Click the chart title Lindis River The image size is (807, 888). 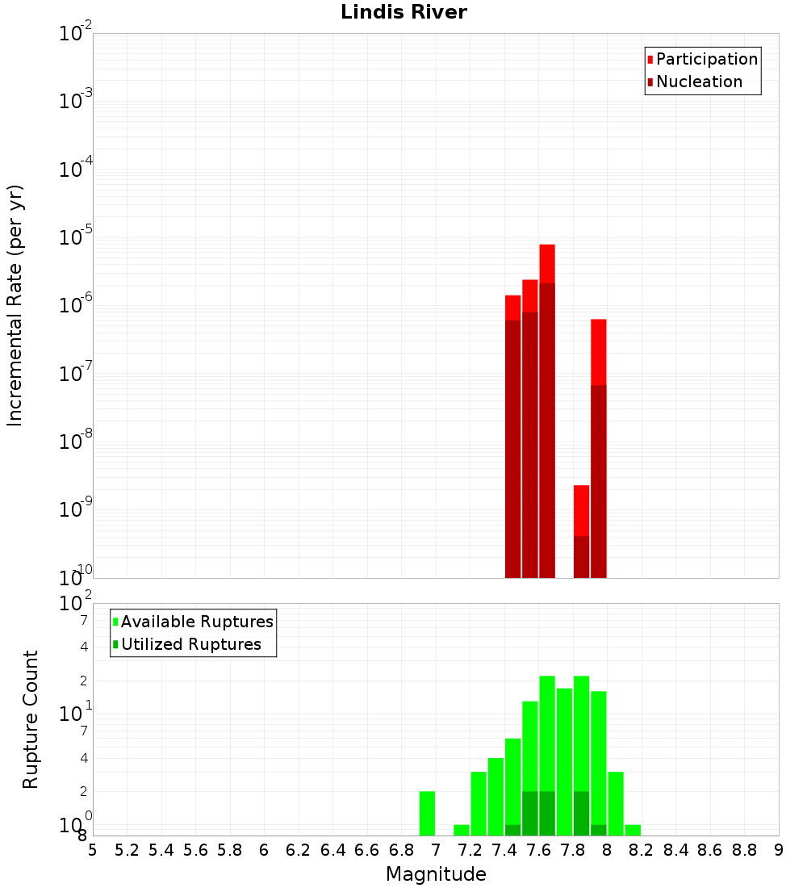(x=403, y=12)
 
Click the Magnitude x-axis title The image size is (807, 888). (x=436, y=874)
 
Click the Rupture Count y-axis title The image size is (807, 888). (x=31, y=719)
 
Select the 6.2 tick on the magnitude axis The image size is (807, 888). (x=299, y=850)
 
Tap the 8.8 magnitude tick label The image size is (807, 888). (x=744, y=850)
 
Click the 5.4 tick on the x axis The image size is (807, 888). (x=161, y=850)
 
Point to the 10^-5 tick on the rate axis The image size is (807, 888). (x=76, y=237)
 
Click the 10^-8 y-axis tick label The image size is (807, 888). (x=76, y=442)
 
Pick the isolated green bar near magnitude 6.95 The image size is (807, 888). (x=427, y=813)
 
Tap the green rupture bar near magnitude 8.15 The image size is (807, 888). (x=633, y=830)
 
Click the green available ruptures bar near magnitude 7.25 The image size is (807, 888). (x=479, y=803)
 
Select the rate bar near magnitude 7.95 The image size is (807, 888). (x=598, y=444)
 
